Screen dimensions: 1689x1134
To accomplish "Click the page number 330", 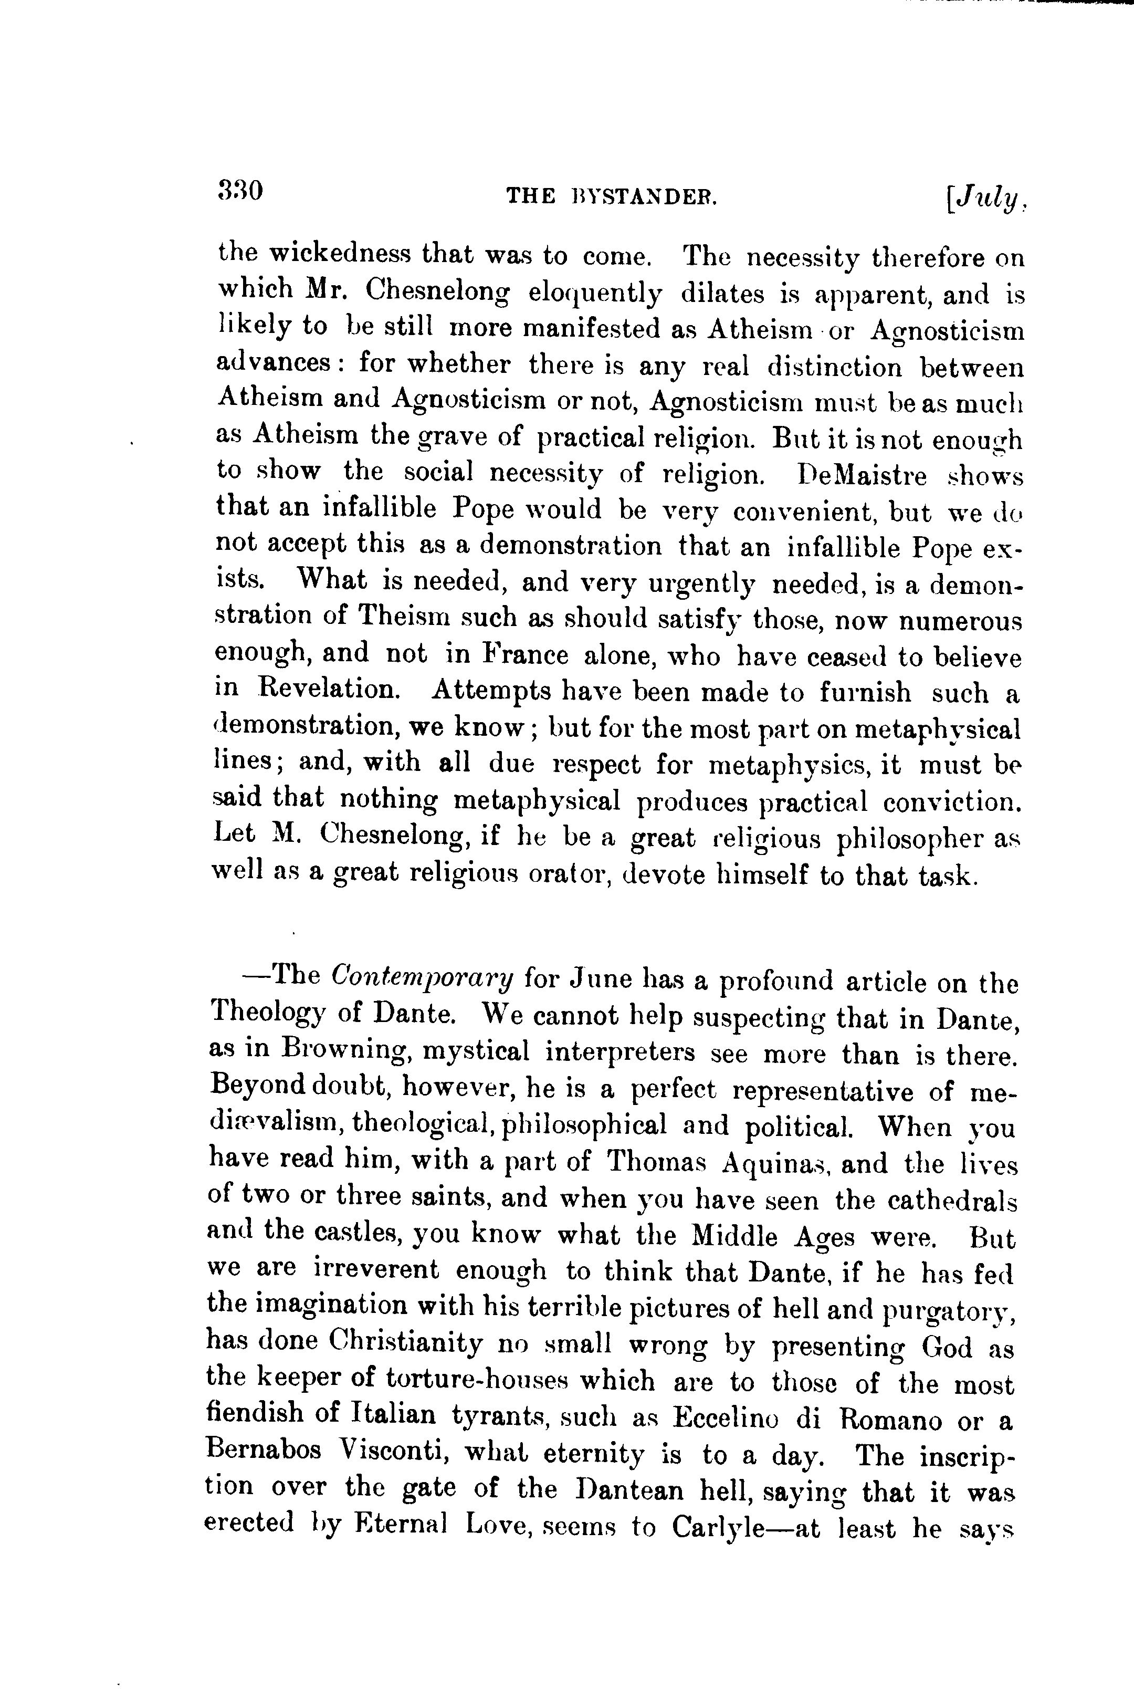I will [x=239, y=191].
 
